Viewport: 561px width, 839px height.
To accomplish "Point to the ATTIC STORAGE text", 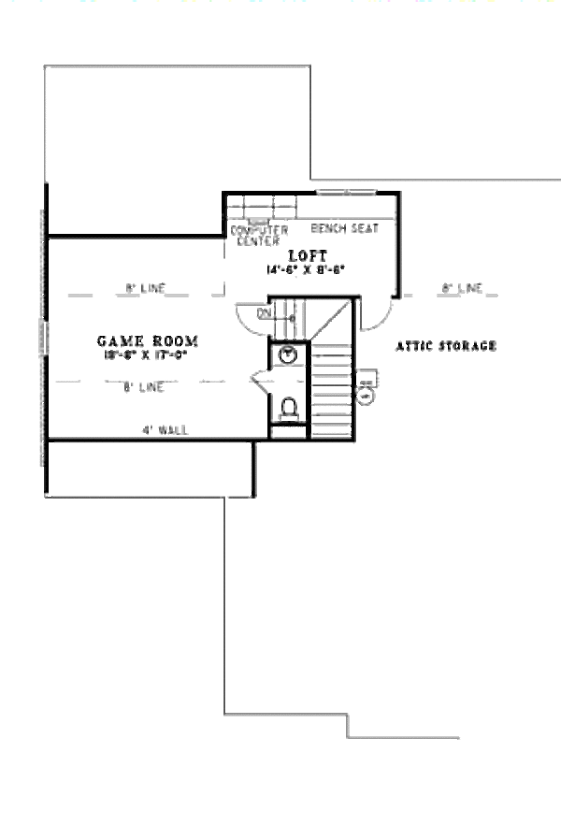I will (446, 346).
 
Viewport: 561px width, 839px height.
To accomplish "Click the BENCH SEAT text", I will (338, 228).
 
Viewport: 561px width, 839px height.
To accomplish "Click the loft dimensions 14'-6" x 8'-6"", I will (304, 269).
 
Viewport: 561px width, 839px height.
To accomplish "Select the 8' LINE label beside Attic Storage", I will (462, 289).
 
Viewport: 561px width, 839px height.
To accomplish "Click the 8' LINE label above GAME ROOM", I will (145, 289).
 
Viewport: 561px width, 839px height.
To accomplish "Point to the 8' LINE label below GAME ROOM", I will (145, 386).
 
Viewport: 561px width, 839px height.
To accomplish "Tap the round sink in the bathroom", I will (289, 354).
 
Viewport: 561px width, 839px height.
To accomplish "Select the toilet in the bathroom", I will (290, 409).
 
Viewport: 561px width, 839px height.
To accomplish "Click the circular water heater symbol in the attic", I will (366, 395).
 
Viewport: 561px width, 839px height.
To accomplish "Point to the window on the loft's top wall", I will (346, 193).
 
